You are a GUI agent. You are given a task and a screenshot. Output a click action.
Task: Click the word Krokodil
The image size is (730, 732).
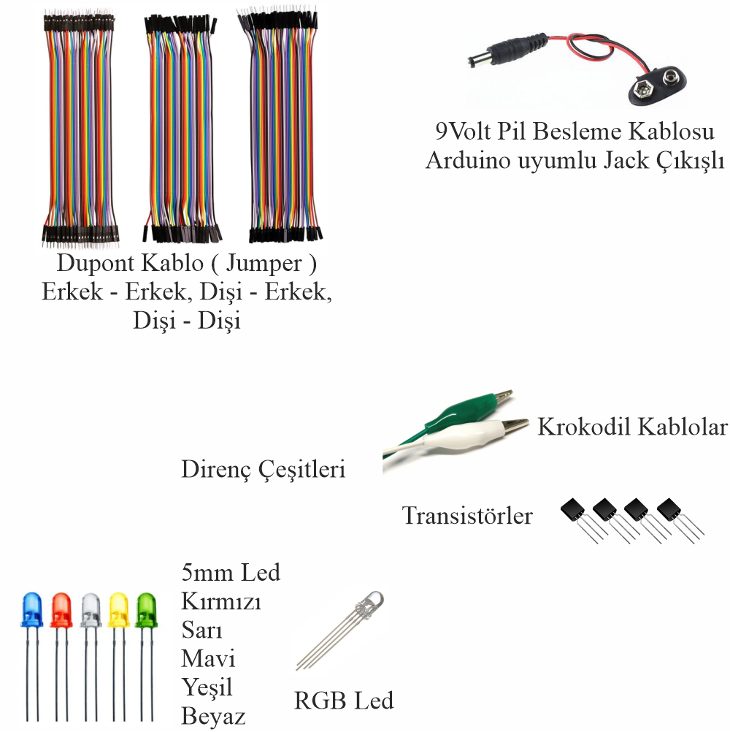583,427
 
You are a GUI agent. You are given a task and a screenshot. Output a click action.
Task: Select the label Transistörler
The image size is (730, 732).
467,516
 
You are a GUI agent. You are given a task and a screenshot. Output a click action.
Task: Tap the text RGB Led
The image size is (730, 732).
344,701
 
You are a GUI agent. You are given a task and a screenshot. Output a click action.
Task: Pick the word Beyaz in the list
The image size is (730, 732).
213,716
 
